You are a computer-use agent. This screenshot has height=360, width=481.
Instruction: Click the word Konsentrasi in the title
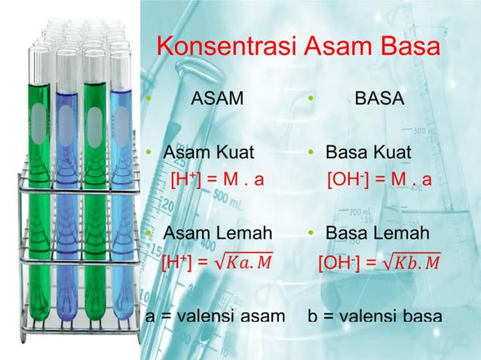pos(227,47)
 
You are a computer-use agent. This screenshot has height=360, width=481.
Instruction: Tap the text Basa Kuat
pos(368,154)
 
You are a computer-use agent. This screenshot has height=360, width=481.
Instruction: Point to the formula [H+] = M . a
pos(216,181)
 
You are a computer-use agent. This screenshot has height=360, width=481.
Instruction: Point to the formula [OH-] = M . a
pos(378,181)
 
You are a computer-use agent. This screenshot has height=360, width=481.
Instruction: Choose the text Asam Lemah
pos(218,233)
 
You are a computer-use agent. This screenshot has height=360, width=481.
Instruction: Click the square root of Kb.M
pos(411,262)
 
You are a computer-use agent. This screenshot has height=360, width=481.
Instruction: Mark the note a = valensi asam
pos(214,316)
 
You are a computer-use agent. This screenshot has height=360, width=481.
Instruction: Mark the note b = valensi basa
pos(375,316)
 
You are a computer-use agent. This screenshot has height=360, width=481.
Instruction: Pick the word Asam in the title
pos(332,47)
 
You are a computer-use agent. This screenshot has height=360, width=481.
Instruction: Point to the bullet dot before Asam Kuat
pos(150,154)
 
